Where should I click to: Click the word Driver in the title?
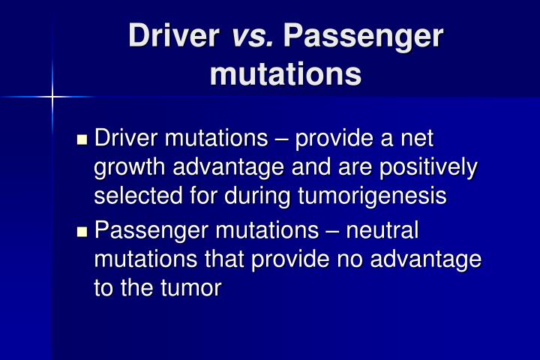point(169,37)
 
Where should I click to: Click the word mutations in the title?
point(285,75)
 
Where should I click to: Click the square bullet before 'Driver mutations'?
point(83,139)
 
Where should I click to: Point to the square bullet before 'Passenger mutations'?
point(83,230)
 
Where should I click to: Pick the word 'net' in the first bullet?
point(417,139)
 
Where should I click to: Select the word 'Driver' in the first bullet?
point(124,139)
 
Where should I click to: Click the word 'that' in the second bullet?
point(227,258)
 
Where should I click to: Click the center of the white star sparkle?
point(53,96)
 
